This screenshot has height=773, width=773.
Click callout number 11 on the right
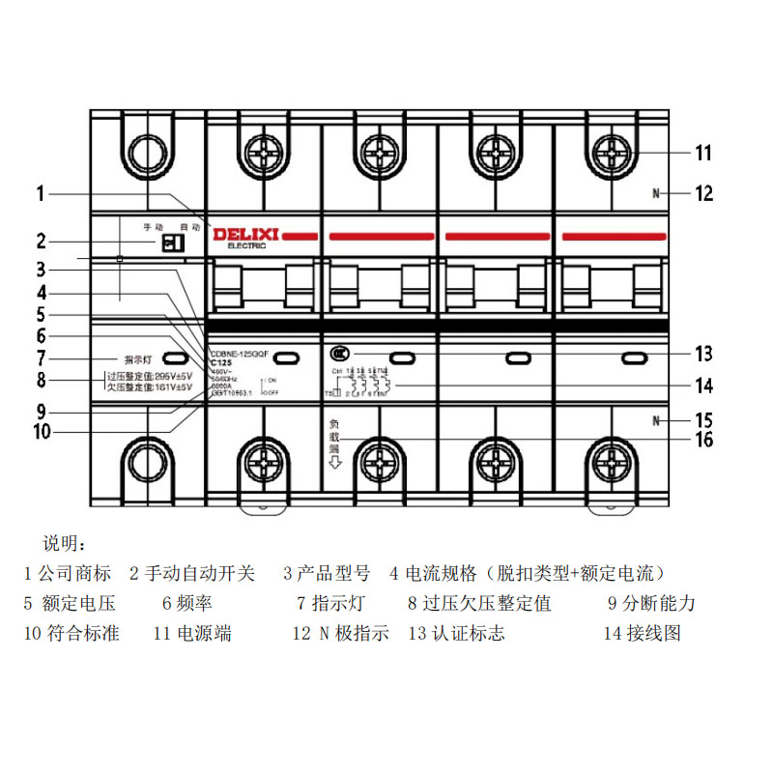coord(702,153)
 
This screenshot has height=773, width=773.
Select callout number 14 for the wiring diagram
coord(703,386)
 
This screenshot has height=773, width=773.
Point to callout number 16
coord(703,440)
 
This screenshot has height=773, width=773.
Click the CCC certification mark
coord(337,354)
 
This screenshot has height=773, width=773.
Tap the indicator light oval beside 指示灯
coord(174,358)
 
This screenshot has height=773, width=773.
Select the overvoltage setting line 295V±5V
coord(150,376)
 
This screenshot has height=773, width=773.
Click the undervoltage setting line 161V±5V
coord(150,387)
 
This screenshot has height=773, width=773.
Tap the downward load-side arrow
coord(335,463)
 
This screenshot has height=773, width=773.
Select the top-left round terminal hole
coord(148,153)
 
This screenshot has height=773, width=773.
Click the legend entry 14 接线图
coord(642,634)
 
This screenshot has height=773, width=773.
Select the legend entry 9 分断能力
coord(651,604)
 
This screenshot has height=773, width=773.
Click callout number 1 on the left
coord(41,193)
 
